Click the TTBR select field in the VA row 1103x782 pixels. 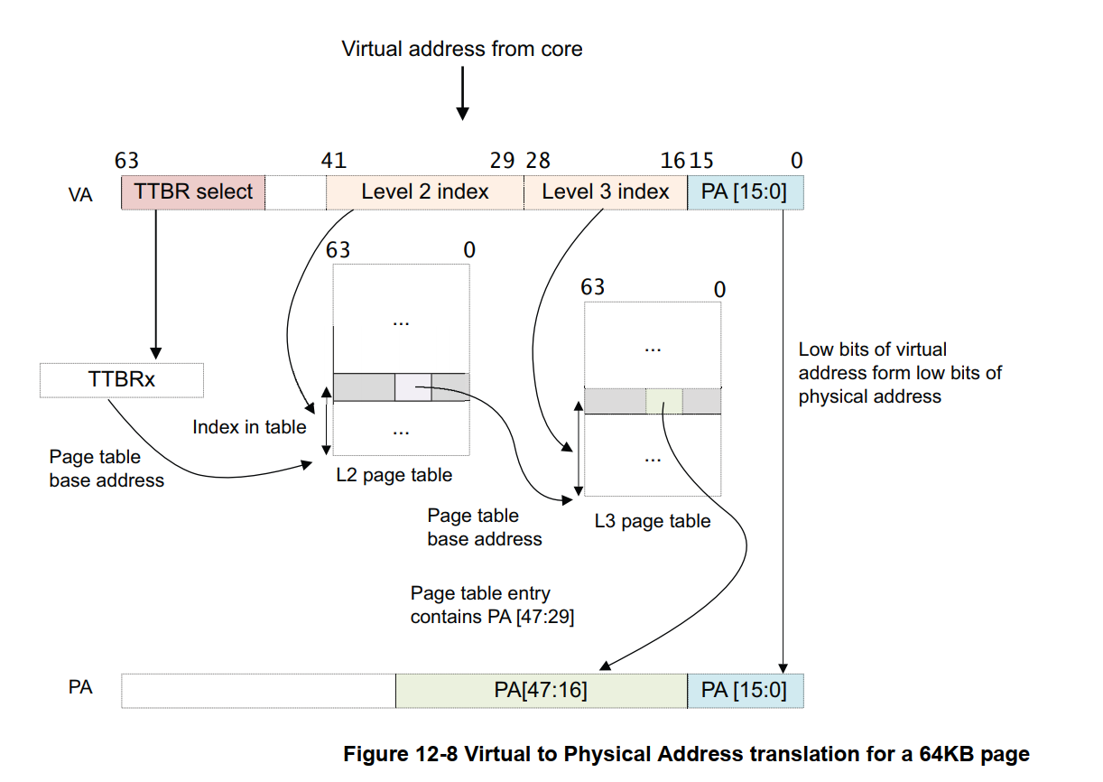193,192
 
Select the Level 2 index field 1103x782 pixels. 424,192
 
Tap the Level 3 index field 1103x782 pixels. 605,192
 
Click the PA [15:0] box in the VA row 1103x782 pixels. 745,192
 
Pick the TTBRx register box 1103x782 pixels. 122,379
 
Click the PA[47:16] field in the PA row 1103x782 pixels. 541,690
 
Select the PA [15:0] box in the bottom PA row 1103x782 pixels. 745,690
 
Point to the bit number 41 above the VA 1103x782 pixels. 334,161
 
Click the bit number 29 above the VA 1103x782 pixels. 502,161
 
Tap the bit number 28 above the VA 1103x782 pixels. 538,161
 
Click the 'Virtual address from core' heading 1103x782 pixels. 461,49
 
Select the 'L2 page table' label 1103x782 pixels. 394,474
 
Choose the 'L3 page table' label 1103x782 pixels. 652,521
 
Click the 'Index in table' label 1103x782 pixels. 249,427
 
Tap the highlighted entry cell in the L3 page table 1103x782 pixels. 663,401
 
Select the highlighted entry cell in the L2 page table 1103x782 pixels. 412,386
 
